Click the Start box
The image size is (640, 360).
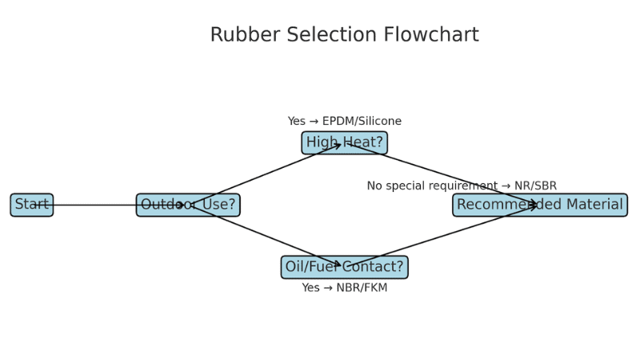(x=32, y=205)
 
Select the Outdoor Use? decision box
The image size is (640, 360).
(x=188, y=205)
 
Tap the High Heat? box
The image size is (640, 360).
(x=344, y=143)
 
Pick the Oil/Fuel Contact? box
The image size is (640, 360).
(x=344, y=267)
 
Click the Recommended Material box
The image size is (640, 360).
(x=540, y=205)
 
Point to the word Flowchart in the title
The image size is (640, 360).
(x=431, y=35)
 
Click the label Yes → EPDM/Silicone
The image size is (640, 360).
(x=344, y=122)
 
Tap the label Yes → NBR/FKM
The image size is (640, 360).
(x=344, y=288)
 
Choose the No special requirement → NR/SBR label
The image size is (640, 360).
(x=462, y=186)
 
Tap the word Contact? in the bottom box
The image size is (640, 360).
(x=374, y=267)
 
